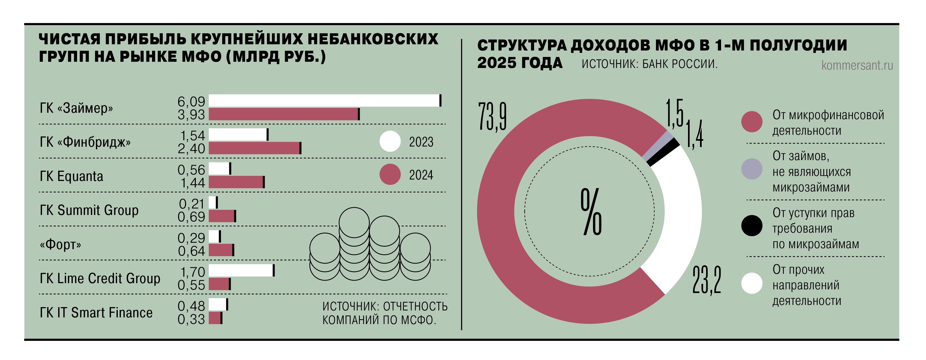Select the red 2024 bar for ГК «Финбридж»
coord(254,148)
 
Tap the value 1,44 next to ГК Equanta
coord(192,183)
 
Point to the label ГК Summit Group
coord(89,210)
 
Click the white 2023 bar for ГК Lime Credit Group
coord(241,270)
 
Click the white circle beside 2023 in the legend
coord(390,141)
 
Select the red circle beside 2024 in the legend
coord(390,174)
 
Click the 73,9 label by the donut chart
coord(492,117)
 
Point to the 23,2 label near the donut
coord(706,280)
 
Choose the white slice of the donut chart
coord(676,216)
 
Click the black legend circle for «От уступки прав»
coord(752,226)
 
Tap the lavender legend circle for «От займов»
coord(752,169)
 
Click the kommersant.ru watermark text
coord(857,65)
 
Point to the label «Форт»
coord(60,245)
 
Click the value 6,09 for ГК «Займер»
coord(191,102)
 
